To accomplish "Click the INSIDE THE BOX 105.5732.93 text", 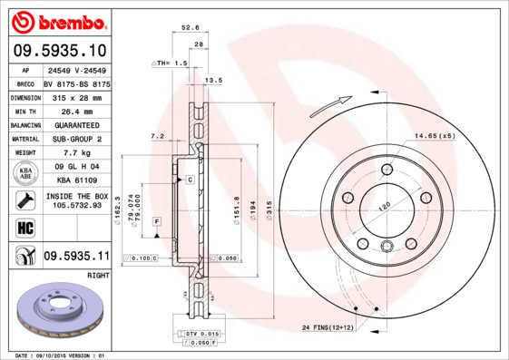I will pos(76,200).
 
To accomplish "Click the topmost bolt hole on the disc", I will pos(387,168).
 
